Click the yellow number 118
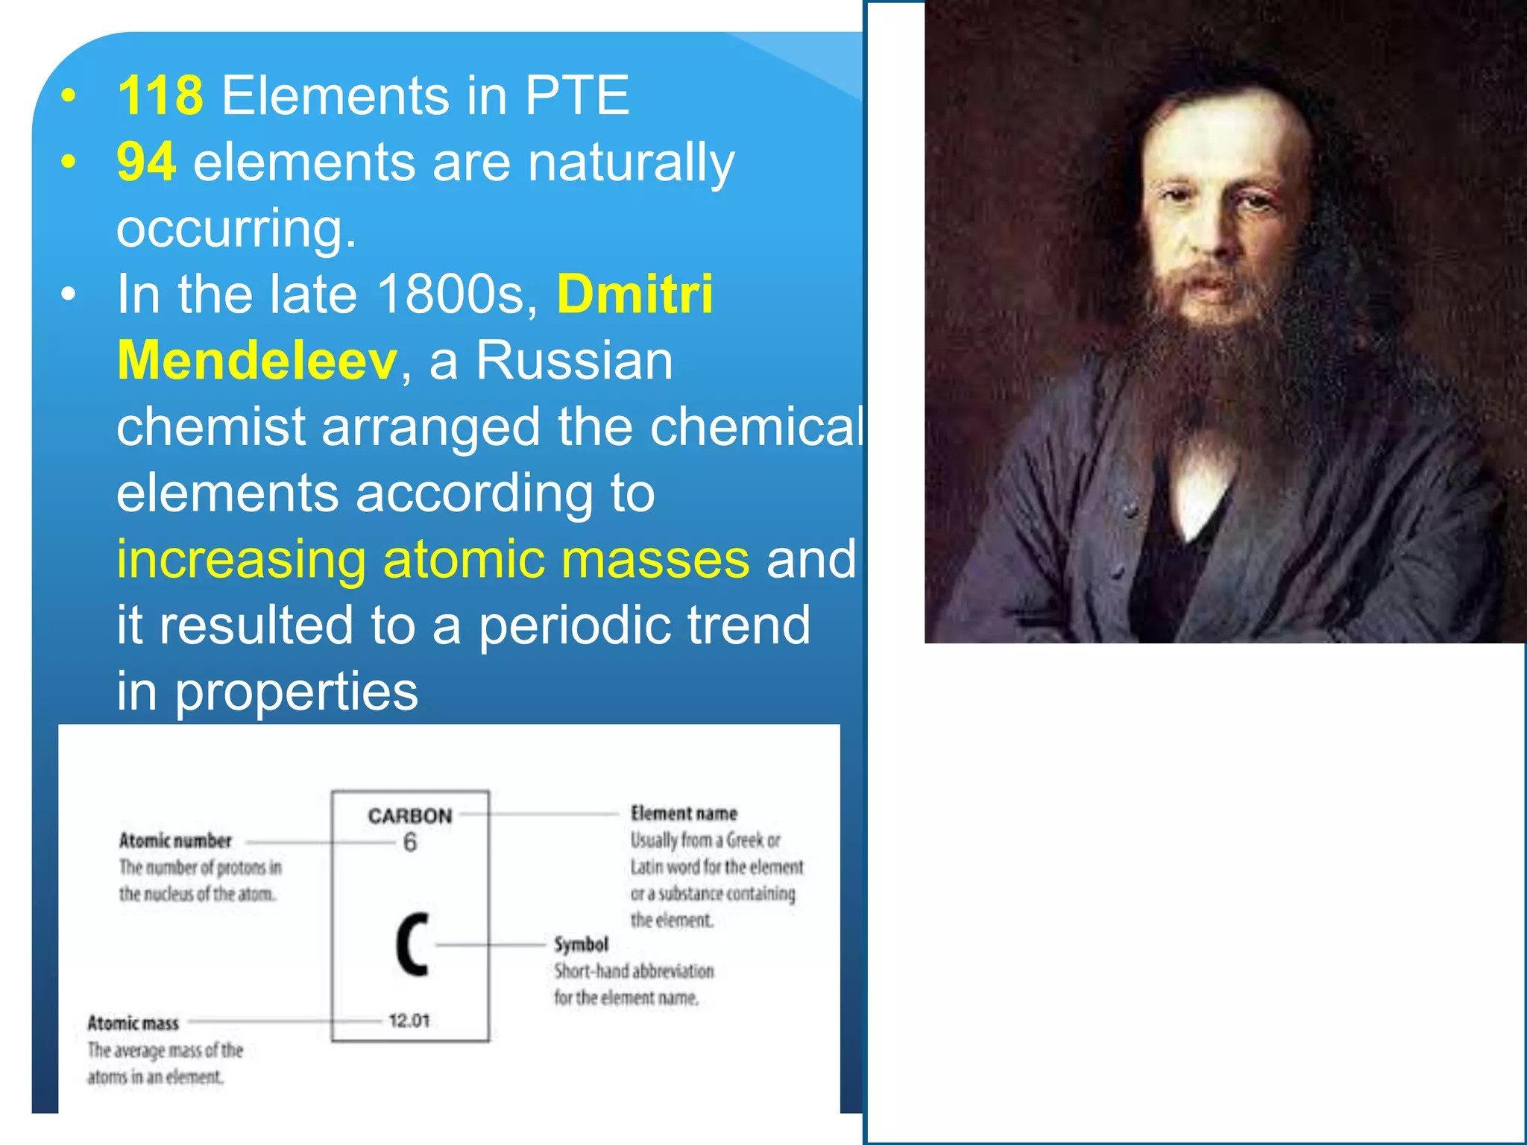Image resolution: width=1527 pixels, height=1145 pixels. click(160, 95)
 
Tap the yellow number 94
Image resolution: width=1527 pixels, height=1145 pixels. click(146, 162)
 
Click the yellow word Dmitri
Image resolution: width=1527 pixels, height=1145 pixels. click(635, 294)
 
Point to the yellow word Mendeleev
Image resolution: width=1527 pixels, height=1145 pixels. click(257, 360)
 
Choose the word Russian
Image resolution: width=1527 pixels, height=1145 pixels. click(574, 360)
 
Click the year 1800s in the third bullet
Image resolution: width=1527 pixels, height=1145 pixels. click(457, 294)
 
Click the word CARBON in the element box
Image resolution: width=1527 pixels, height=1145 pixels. click(410, 816)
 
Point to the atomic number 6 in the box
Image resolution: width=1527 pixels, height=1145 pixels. click(410, 842)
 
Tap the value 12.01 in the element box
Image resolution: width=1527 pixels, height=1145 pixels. click(409, 1021)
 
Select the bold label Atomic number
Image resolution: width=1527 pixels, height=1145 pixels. click(175, 841)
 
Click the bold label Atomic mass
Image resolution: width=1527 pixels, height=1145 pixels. click(133, 1023)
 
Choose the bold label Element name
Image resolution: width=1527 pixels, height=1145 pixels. click(684, 813)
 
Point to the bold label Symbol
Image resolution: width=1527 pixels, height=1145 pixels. click(581, 944)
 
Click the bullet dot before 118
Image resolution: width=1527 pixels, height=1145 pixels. click(69, 96)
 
